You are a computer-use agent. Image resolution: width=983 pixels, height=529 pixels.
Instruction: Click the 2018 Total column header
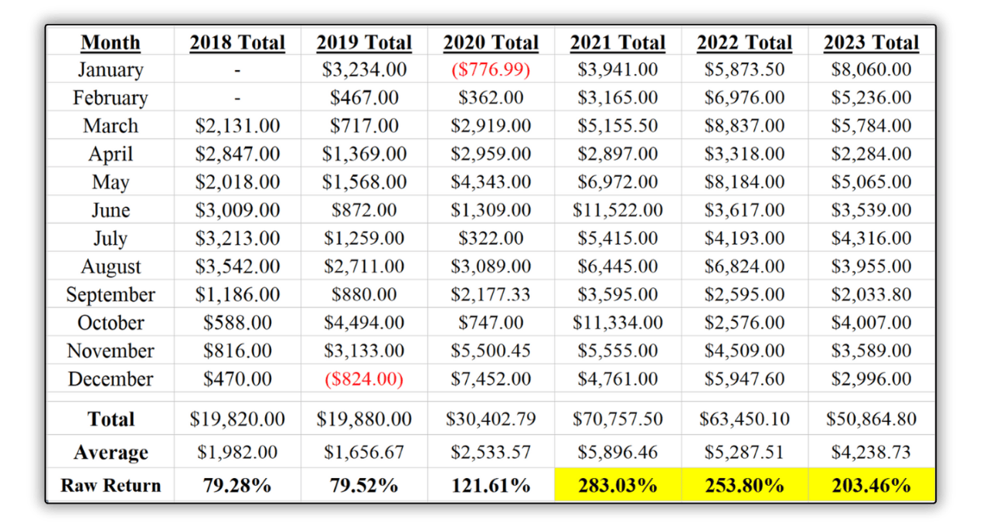[x=237, y=42]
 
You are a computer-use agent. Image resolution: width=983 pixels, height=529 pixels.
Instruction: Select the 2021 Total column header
[x=617, y=42]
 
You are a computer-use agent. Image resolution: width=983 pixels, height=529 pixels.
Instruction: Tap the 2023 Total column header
[x=871, y=42]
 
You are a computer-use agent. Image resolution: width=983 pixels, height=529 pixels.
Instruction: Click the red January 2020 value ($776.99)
[x=491, y=70]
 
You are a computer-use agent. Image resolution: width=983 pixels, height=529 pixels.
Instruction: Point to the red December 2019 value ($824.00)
[x=364, y=379]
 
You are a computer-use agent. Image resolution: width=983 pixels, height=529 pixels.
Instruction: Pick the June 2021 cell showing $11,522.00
[x=617, y=210]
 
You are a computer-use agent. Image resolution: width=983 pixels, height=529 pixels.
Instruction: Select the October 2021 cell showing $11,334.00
[x=617, y=323]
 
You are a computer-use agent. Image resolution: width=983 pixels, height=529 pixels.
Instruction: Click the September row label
[x=111, y=295]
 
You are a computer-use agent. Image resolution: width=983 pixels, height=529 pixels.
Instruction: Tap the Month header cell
[x=111, y=42]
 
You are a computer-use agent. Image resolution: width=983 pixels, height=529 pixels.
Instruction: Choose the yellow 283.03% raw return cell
[x=617, y=486]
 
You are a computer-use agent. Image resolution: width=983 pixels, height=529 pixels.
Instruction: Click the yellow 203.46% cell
[x=871, y=486]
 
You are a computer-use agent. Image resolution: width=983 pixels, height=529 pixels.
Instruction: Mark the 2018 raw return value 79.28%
[x=237, y=486]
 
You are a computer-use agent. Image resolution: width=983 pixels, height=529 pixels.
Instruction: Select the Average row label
[x=111, y=453]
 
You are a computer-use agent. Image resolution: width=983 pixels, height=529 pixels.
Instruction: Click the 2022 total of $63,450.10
[x=744, y=419]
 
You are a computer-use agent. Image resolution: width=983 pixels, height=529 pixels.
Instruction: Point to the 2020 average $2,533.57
[x=491, y=453]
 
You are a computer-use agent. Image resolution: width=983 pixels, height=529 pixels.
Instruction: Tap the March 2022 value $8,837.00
[x=744, y=126]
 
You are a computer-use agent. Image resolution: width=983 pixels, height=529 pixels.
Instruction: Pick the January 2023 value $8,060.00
[x=871, y=70]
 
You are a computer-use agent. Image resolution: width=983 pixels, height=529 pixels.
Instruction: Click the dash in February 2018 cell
[x=237, y=98]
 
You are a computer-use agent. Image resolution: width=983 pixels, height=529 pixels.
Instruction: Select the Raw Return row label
[x=111, y=486]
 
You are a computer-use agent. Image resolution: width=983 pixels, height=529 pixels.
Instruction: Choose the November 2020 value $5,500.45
[x=491, y=351]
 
